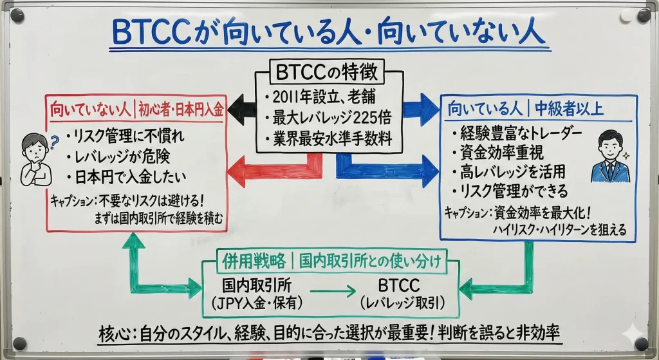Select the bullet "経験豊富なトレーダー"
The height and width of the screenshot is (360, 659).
click(517, 133)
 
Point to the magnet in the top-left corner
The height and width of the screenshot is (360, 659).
click(17, 15)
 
